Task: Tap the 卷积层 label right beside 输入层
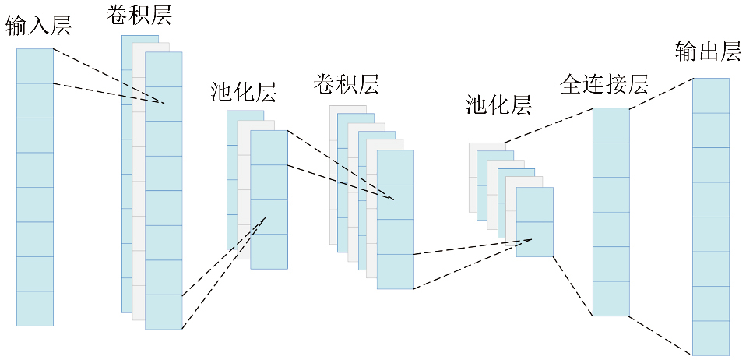[140, 14]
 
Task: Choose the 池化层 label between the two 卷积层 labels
[244, 91]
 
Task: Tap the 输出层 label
[708, 52]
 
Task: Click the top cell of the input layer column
[35, 65]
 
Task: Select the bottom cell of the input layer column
[35, 309]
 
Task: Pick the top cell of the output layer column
[711, 95]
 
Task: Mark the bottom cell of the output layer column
[711, 337]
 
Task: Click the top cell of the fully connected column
[611, 125]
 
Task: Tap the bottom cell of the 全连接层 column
[611, 298]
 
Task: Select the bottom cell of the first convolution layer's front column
[164, 312]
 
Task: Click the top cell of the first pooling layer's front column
[269, 147]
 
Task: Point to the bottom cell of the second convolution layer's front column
[396, 272]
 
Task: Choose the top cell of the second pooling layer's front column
[534, 204]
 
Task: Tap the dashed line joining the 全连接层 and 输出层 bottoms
[642, 335]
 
